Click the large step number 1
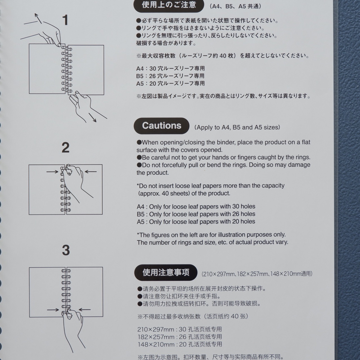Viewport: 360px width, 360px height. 65,20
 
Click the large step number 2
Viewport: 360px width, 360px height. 66,148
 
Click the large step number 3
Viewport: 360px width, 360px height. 66,250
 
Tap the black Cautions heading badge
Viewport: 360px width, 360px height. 161,126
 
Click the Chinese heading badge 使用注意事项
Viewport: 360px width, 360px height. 166,272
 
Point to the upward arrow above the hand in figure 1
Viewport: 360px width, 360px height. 38,18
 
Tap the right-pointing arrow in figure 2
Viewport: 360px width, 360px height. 52,172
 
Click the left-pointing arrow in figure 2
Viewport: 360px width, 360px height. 91,172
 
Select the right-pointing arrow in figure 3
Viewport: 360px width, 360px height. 53,310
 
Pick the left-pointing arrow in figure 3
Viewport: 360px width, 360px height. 85,310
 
